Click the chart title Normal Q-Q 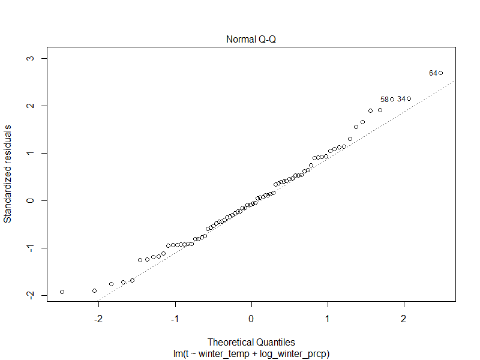[251, 40]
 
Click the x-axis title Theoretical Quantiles [251, 343]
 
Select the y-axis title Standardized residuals [8, 174]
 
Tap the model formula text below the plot [251, 354]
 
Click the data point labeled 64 [440, 73]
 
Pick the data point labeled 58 [392, 99]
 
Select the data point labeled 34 [409, 98]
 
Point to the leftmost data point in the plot [62, 292]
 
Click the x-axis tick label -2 [99, 317]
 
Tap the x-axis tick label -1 [175, 317]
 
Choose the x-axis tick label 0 [251, 317]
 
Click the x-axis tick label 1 [328, 317]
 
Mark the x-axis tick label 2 [404, 317]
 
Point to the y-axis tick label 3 [28, 58]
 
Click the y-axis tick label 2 [28, 106]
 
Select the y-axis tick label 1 [28, 153]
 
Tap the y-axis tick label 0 [28, 200]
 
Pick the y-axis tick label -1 [28, 248]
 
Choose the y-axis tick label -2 [28, 295]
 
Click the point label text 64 [433, 73]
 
